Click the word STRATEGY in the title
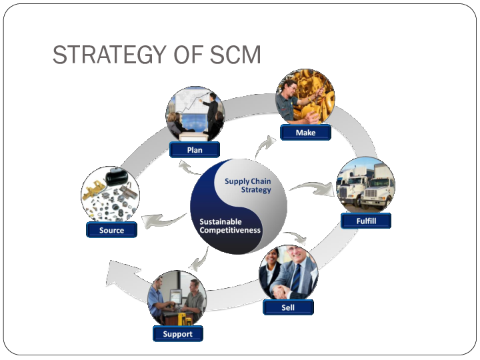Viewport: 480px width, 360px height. coord(107,55)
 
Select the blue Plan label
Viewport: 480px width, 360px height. coord(195,150)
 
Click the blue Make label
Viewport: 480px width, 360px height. coord(306,133)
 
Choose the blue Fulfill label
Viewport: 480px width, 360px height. coord(366,220)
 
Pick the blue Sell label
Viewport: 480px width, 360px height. coord(287,307)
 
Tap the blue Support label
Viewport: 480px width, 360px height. coord(177,333)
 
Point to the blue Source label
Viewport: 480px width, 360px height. coord(111,230)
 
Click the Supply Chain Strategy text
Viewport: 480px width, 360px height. coord(248,185)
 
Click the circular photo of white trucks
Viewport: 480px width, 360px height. coord(365,185)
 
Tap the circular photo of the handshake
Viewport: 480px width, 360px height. coord(288,273)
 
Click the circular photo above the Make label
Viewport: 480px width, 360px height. coord(305,97)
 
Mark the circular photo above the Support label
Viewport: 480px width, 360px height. coord(177,299)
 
